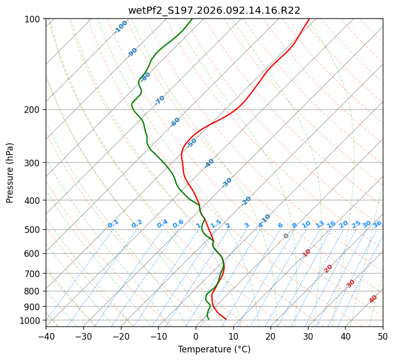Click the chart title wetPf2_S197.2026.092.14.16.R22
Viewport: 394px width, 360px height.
214,11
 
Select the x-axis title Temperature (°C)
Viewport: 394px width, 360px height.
214,349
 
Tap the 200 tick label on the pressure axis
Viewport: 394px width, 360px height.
34,110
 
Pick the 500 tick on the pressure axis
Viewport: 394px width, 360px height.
34,230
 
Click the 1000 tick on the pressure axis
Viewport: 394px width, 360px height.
32,320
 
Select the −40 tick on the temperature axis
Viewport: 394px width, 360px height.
46,337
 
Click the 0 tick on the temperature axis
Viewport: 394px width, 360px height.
196,337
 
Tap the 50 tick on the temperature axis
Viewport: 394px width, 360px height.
383,337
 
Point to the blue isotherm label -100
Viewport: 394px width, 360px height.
120,27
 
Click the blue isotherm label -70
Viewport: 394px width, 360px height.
160,100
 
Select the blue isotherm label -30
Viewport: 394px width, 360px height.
227,183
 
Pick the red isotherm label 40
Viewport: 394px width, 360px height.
373,299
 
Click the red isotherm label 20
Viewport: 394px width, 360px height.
328,268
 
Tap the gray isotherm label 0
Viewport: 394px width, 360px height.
286,236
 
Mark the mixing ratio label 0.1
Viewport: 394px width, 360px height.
113,224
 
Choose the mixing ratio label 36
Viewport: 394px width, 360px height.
377,224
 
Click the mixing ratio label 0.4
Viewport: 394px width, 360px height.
162,224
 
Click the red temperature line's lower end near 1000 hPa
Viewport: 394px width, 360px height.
226,319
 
